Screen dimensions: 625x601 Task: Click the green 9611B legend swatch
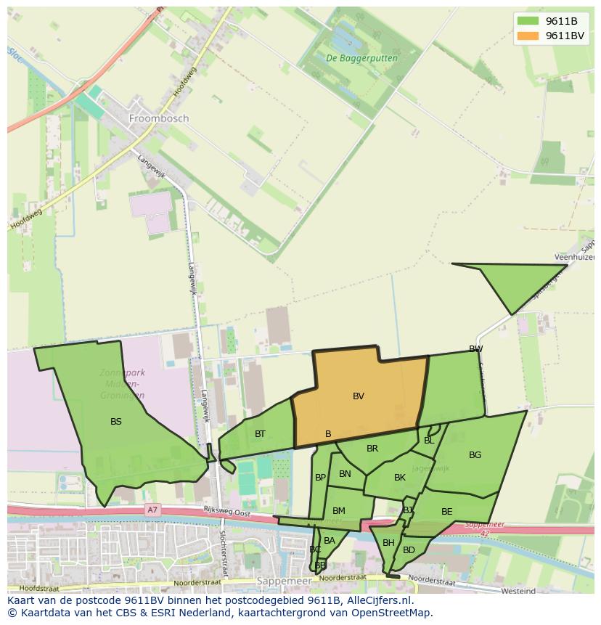tap(528, 21)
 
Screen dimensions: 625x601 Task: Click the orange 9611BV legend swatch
tap(528, 36)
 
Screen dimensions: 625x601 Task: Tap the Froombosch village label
tap(158, 118)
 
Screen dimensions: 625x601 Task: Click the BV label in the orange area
tap(359, 396)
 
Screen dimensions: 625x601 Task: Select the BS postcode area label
tap(116, 421)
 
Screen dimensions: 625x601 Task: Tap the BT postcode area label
tap(260, 434)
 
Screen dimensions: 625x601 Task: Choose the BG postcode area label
tap(475, 455)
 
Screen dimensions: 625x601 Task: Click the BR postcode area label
tap(372, 449)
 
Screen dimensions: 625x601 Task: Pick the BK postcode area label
tap(400, 478)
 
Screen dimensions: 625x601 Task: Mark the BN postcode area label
tap(345, 474)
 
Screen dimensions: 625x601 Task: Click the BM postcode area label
tap(339, 511)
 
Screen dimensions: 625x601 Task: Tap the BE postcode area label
tap(446, 512)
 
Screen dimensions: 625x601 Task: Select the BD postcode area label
tap(409, 550)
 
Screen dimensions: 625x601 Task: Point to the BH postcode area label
tap(388, 543)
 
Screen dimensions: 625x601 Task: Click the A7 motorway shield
tap(152, 510)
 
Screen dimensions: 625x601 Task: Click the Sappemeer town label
tap(284, 581)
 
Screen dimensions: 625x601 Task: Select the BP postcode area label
tap(320, 478)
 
